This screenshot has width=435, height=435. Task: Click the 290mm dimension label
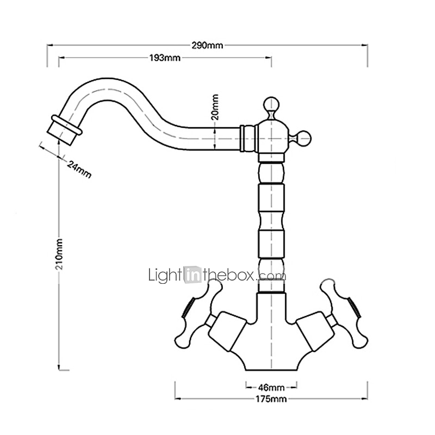(x=207, y=45)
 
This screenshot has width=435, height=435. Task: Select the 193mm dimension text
(x=165, y=58)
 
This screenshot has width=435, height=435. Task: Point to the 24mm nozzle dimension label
(x=79, y=169)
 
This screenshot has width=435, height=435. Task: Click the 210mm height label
(x=59, y=254)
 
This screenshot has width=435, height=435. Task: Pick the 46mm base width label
(x=271, y=387)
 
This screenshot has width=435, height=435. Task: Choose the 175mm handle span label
(x=271, y=399)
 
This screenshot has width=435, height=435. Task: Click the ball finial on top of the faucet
(x=271, y=104)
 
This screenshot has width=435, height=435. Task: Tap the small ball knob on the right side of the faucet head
(x=304, y=138)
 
